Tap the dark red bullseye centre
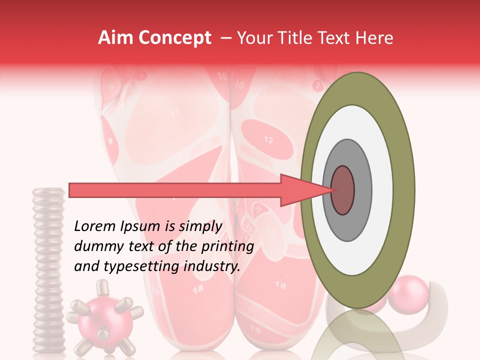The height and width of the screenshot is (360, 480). pyautogui.click(x=342, y=190)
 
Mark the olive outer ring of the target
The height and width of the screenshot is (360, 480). pyautogui.click(x=403, y=190)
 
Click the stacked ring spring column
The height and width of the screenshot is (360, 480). pyautogui.click(x=48, y=270)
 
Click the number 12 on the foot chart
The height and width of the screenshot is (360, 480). pyautogui.click(x=268, y=140)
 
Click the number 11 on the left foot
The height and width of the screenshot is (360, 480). pyautogui.click(x=174, y=113)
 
